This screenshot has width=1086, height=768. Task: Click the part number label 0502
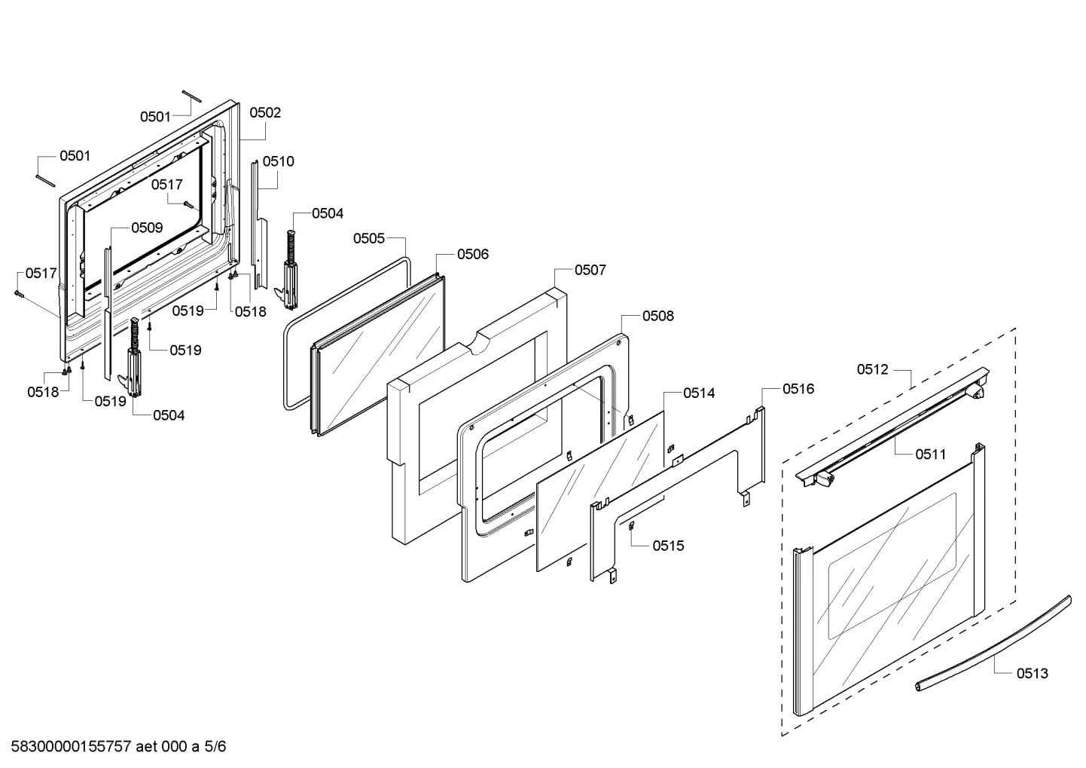265,113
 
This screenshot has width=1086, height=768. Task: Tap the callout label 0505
369,239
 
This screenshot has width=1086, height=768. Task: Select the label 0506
473,255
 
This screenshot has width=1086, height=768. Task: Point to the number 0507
590,270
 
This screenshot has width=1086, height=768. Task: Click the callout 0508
657,317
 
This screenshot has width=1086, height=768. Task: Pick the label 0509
147,228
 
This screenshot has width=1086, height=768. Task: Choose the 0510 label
279,161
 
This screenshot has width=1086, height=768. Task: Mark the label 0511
931,454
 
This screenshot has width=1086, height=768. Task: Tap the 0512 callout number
872,369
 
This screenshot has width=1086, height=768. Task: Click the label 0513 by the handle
1032,674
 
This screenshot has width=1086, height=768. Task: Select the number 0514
699,393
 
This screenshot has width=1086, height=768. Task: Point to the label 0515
669,546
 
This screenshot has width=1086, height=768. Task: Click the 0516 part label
798,389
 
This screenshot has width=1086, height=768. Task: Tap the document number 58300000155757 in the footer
69,747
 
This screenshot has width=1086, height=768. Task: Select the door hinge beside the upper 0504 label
289,271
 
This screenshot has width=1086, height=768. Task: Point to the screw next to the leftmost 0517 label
19,294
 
